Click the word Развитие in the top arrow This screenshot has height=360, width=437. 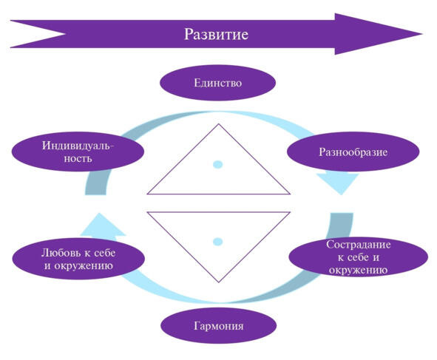tap(216, 34)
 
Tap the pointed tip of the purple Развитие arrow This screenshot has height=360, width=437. tap(422, 34)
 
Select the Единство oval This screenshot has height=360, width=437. tap(217, 83)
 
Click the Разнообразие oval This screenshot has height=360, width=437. tap(353, 152)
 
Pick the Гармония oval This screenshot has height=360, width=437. tap(219, 325)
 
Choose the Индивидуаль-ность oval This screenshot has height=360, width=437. tap(78, 152)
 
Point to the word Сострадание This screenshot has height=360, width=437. tap(359, 245)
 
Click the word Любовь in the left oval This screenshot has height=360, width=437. tap(58, 253)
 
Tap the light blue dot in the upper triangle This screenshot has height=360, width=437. tap(217, 165)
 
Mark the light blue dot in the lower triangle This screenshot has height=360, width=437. tap(217, 242)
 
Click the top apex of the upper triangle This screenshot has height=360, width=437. tap(219, 124)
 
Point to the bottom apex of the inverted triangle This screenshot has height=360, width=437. tap(219, 282)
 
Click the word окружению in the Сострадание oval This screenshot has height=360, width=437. tap(358, 270)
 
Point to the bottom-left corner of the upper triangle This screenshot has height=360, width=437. tap(147, 194)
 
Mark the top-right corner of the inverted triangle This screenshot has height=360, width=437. tap(290, 212)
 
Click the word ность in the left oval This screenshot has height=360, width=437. tap(78, 158)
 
